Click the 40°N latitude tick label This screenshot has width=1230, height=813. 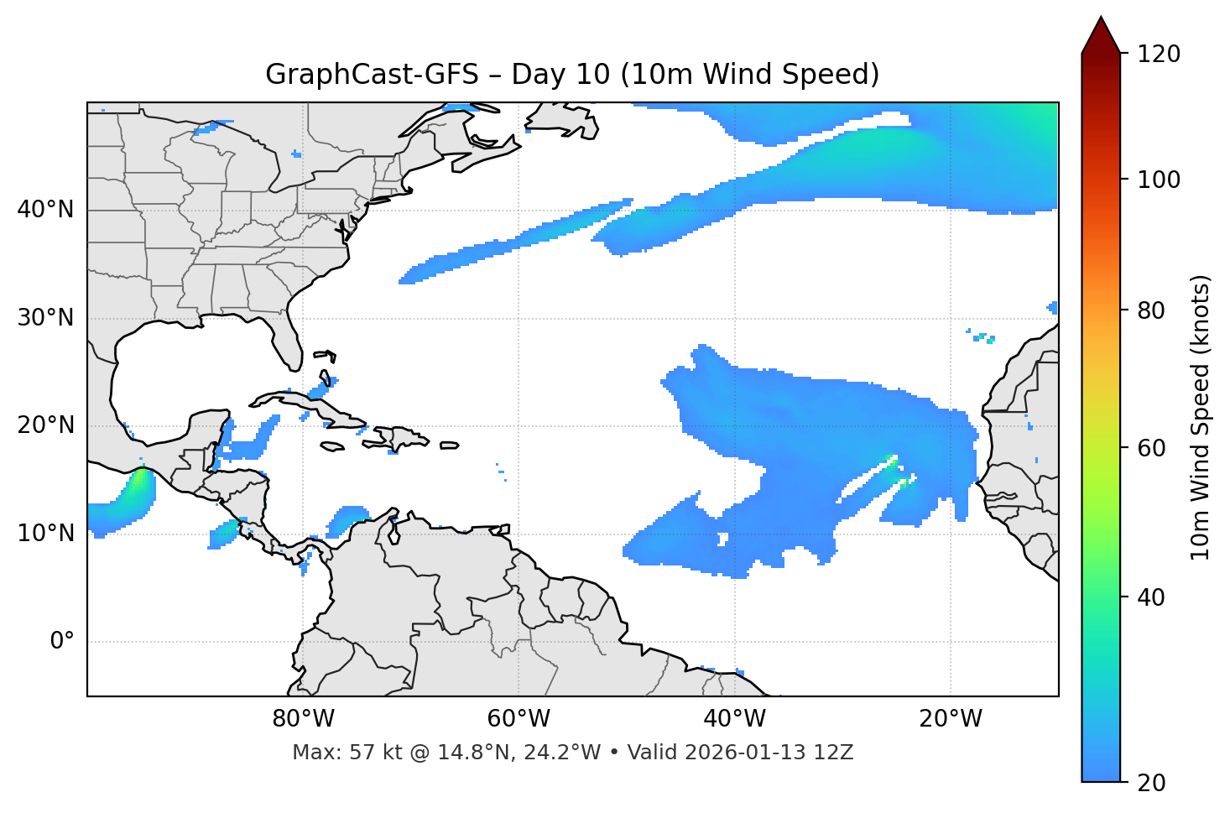coord(45,210)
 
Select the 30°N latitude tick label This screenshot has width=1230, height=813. coord(45,318)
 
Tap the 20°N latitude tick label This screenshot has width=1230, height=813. coord(45,425)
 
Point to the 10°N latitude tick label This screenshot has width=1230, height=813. coord(45,534)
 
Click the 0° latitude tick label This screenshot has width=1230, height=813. coord(61,642)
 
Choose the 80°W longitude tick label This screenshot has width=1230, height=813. coord(303,719)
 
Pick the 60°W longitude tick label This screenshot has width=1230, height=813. coord(519,719)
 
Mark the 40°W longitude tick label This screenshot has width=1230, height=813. coord(734,719)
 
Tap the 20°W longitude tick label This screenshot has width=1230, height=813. coord(951,719)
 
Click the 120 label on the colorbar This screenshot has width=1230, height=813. coord(1159,55)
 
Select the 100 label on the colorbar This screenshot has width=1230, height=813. coord(1159,180)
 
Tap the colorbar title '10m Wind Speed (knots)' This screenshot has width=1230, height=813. coord(1201,418)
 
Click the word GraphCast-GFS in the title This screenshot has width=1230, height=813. coord(372,75)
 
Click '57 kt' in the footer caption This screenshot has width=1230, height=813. coord(370,753)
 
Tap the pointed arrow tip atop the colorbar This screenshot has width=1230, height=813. coord(1101,20)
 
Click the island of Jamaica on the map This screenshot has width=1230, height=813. coord(332,446)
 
